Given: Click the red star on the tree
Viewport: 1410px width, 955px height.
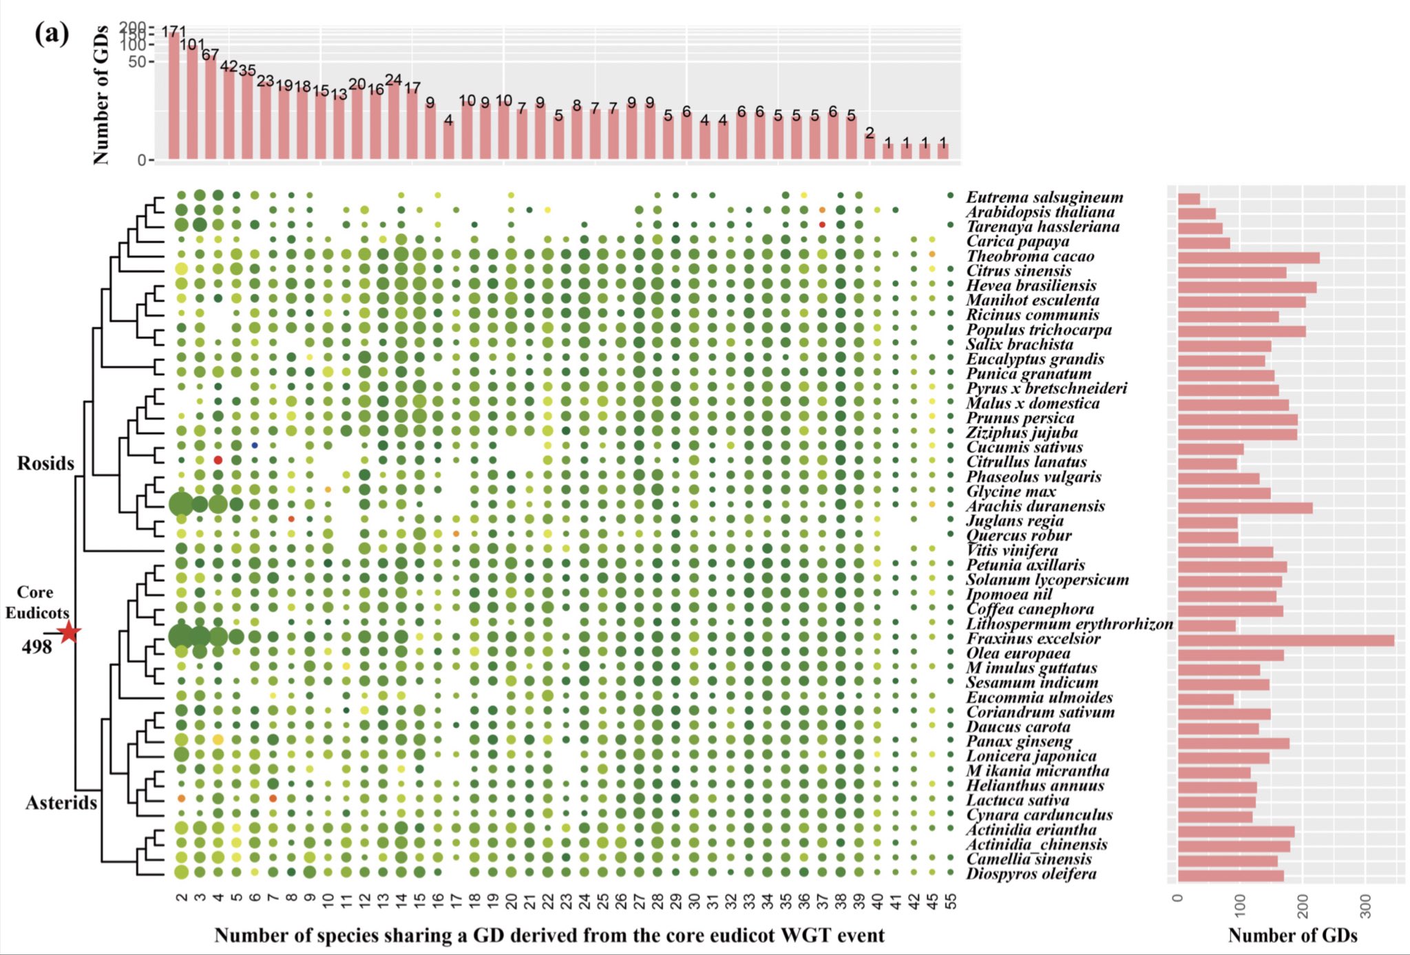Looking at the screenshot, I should click(69, 631).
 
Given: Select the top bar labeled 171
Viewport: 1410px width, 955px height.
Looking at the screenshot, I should click(173, 96).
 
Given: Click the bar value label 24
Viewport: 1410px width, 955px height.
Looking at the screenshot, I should click(393, 80).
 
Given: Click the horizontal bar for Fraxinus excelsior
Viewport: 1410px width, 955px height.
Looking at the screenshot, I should click(1285, 640).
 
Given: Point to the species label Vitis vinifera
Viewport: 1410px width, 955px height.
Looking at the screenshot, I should click(1012, 550).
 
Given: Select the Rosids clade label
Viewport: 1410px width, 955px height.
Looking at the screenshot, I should click(45, 463).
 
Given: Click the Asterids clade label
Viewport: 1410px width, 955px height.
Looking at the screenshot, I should click(61, 803).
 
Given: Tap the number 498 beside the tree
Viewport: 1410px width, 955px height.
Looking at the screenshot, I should click(36, 647).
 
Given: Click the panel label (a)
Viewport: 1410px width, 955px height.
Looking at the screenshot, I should click(52, 33).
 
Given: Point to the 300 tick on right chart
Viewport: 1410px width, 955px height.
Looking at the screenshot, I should click(1366, 907).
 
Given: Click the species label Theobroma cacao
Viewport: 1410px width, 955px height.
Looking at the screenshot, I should click(1030, 256).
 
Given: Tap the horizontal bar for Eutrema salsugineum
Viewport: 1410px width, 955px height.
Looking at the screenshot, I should click(1189, 199).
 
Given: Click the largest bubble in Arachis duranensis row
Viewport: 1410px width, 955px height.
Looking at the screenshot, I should click(181, 505).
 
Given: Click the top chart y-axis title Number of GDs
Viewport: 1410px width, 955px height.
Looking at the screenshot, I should click(101, 95).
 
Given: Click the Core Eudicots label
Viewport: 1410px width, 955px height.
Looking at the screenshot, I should click(36, 602).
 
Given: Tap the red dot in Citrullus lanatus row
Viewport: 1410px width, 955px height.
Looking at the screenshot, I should click(218, 460).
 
